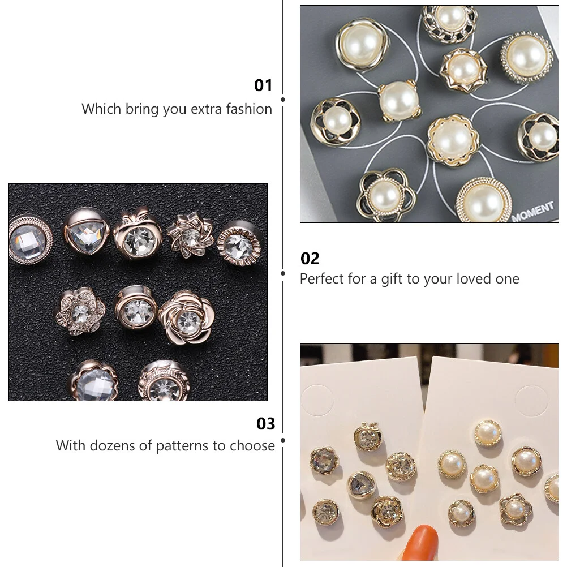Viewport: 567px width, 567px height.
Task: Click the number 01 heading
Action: (263, 85)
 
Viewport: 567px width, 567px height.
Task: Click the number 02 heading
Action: (310, 259)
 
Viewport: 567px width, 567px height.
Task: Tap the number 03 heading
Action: (265, 424)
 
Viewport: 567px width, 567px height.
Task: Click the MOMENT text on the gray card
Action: (532, 212)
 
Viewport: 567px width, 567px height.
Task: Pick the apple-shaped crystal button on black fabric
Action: (136, 234)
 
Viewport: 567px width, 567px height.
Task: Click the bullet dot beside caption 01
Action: (283, 100)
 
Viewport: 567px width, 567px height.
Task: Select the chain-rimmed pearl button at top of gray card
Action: (449, 23)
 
